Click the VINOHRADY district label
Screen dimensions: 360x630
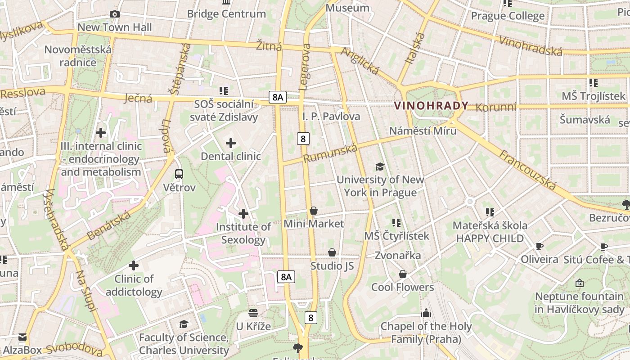[x=431, y=106]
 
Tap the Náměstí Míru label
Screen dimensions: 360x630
[x=423, y=130]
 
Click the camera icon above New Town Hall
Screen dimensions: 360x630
[x=115, y=14]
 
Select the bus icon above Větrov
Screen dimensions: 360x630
[x=179, y=174]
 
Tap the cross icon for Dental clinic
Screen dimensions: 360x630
[x=231, y=144]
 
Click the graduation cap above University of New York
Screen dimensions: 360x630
[x=380, y=167]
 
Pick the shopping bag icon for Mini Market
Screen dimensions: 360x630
[x=314, y=211]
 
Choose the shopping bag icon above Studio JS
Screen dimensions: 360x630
[x=332, y=253]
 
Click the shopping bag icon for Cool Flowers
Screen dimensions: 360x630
[x=403, y=274]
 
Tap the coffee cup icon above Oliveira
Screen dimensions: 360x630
[x=539, y=246]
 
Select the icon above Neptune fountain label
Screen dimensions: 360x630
[x=580, y=283]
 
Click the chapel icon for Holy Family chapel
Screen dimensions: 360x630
[x=426, y=313]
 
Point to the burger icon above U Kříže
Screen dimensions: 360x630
[x=253, y=313]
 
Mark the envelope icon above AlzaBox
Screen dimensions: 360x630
[x=22, y=337]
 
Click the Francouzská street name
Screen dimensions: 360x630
[x=527, y=170]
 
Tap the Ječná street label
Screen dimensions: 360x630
[x=138, y=98]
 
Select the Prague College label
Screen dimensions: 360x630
[x=508, y=16]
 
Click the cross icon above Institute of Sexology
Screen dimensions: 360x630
[x=243, y=213]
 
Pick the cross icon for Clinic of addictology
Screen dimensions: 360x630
[x=134, y=265]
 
